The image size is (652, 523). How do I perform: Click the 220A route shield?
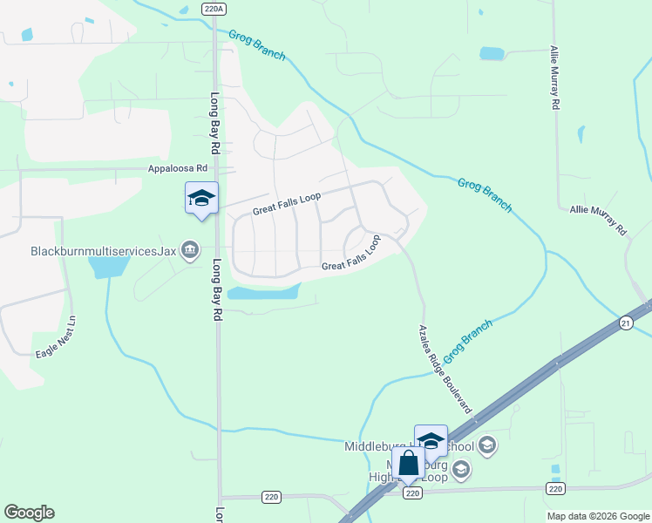click(x=214, y=8)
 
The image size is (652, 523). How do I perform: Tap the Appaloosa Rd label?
click(x=178, y=167)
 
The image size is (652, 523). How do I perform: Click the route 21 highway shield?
click(x=625, y=323)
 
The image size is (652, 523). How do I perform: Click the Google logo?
click(x=29, y=513)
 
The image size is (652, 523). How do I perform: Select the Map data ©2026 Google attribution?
click(x=598, y=516)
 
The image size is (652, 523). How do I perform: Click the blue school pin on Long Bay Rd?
click(x=201, y=199)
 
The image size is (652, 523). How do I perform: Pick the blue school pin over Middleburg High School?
click(x=431, y=441)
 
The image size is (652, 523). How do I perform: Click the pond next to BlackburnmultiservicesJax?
click(x=108, y=266)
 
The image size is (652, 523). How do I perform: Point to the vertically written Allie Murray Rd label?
click(x=554, y=78)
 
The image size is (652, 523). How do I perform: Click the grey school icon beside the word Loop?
click(x=461, y=471)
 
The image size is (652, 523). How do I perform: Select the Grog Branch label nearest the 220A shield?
click(x=257, y=45)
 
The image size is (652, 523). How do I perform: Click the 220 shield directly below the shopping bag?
click(x=413, y=493)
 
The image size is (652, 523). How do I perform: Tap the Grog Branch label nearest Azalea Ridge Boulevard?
click(x=468, y=341)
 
